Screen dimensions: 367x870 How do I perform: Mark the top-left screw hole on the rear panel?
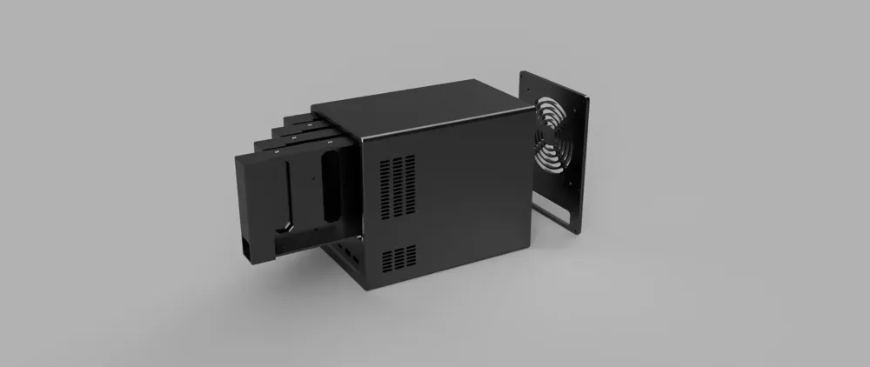pos(528,81)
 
